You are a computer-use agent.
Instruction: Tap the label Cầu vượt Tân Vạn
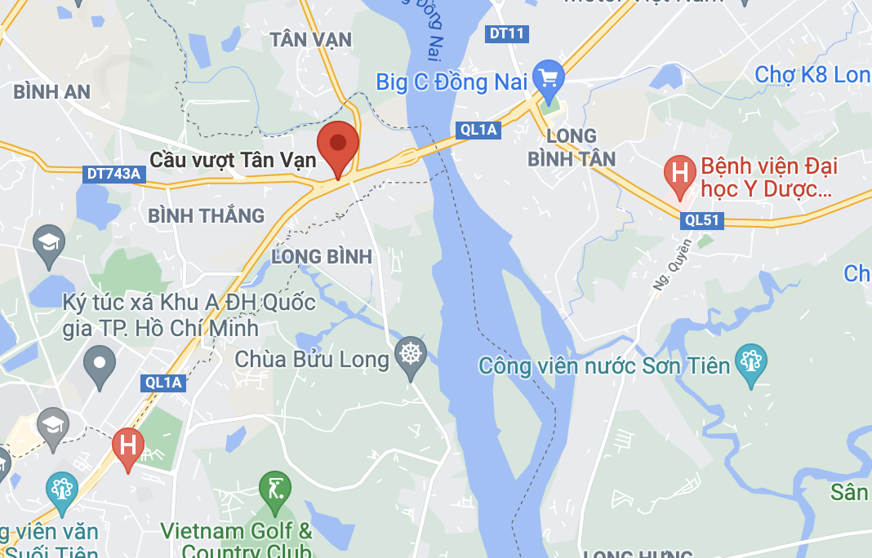(x=234, y=159)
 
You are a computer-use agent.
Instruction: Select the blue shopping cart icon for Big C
(x=548, y=78)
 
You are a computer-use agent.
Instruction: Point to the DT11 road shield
(x=507, y=34)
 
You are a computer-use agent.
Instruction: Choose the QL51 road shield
(x=701, y=219)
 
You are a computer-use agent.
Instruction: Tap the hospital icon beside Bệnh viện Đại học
(x=678, y=173)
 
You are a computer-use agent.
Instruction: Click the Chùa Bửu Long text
(x=312, y=359)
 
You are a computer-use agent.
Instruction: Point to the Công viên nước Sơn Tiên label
(x=604, y=365)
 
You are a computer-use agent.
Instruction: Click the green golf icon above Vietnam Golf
(x=274, y=489)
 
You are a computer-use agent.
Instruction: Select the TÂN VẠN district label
(x=311, y=39)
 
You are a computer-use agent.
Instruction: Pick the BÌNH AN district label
(x=52, y=91)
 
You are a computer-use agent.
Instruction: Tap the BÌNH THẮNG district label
(x=207, y=215)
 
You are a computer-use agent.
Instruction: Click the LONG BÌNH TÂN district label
(x=572, y=147)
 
